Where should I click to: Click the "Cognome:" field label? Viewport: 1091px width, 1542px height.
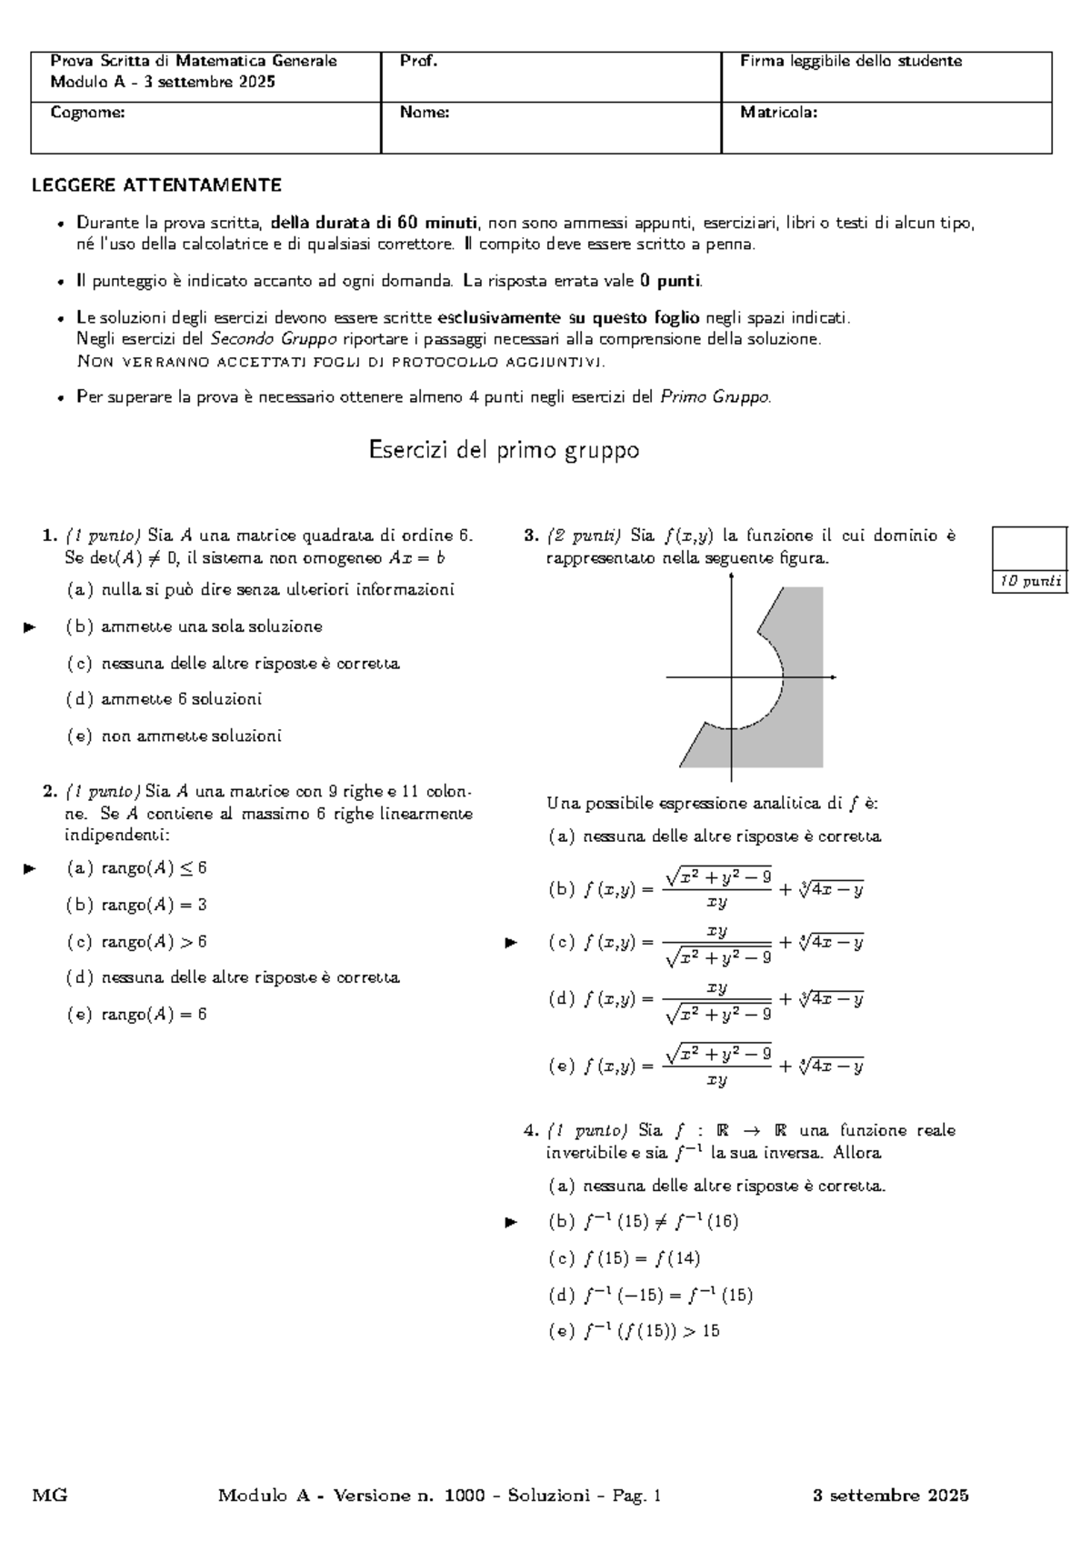pyautogui.click(x=88, y=113)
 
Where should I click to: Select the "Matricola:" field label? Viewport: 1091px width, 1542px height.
pyautogui.click(x=778, y=113)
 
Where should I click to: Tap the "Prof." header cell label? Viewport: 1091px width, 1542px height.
pyautogui.click(x=418, y=61)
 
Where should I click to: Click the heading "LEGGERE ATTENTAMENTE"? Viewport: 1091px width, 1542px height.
pyautogui.click(x=156, y=185)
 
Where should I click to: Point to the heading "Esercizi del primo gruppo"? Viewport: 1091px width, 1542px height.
pyautogui.click(x=504, y=450)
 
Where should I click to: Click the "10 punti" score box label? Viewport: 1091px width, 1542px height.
pyautogui.click(x=1030, y=582)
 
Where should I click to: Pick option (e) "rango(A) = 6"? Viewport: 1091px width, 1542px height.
pyautogui.click(x=136, y=1014)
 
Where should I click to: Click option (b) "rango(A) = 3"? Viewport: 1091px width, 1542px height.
pyautogui.click(x=136, y=905)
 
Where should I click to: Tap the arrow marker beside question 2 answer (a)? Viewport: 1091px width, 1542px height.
pyautogui.click(x=30, y=868)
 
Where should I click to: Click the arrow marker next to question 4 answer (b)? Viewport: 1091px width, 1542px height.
pyautogui.click(x=511, y=1222)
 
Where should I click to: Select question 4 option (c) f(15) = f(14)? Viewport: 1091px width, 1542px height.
pyautogui.click(x=624, y=1258)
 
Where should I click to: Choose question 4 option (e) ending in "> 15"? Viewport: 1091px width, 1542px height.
pyautogui.click(x=634, y=1331)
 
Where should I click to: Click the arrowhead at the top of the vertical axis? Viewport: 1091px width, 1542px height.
pyautogui.click(x=732, y=556)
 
